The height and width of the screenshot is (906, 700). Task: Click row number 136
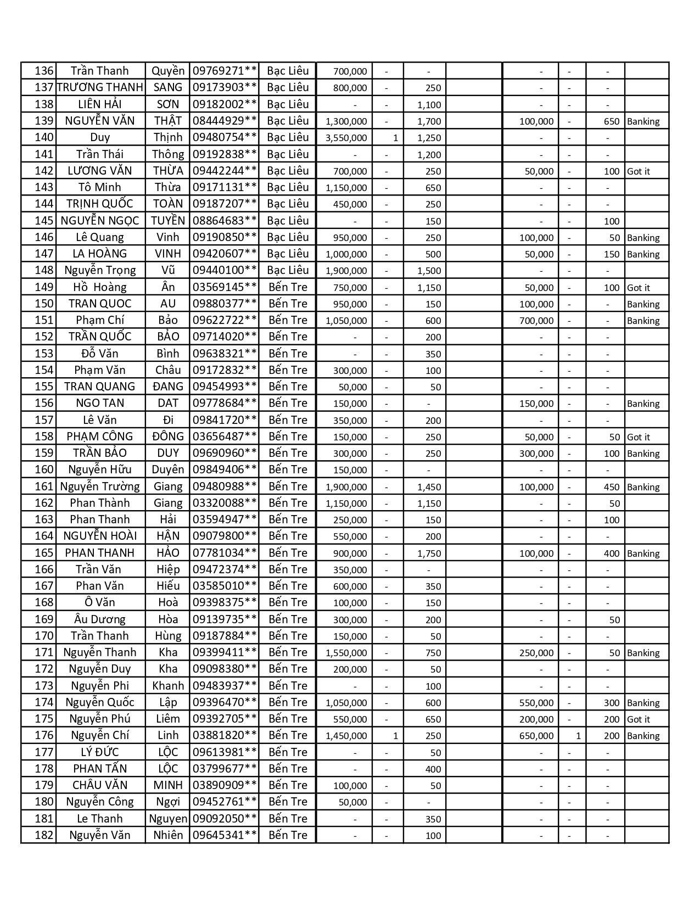tap(44, 71)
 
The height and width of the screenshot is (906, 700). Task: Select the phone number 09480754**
tap(225, 137)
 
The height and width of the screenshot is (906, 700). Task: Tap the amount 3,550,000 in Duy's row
tap(346, 138)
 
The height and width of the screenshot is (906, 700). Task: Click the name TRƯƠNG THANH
tap(100, 87)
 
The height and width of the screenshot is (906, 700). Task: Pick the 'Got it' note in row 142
tap(639, 171)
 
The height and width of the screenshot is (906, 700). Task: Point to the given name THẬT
tap(168, 121)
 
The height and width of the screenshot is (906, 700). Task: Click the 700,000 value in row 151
tap(536, 321)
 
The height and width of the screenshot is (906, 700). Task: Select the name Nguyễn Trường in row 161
tap(100, 486)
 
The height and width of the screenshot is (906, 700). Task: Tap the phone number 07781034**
tap(225, 553)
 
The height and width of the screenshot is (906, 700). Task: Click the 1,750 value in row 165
tap(429, 553)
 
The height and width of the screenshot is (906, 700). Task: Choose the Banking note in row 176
tap(643, 736)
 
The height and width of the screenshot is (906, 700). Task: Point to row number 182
tap(44, 835)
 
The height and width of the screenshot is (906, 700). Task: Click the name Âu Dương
tap(100, 619)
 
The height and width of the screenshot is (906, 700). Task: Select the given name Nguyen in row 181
tap(168, 819)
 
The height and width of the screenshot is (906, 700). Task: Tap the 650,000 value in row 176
tap(536, 736)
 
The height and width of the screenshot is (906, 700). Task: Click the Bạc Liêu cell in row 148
tap(288, 270)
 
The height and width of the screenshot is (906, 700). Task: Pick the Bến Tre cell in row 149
tap(288, 287)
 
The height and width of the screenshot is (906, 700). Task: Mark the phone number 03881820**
tap(225, 735)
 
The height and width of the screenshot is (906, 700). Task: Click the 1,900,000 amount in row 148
tap(346, 271)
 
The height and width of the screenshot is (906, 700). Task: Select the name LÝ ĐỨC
tap(100, 752)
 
